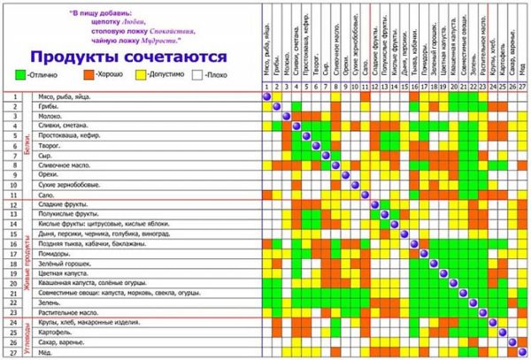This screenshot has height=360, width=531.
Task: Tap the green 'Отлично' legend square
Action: [22, 75]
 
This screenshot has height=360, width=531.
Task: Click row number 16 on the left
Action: [16, 244]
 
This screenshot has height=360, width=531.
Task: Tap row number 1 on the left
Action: [16, 96]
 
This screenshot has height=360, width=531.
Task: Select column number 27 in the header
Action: [522, 87]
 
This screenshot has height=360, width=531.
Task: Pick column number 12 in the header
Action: [375, 87]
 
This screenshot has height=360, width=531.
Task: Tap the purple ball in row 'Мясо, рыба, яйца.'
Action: [267, 96]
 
